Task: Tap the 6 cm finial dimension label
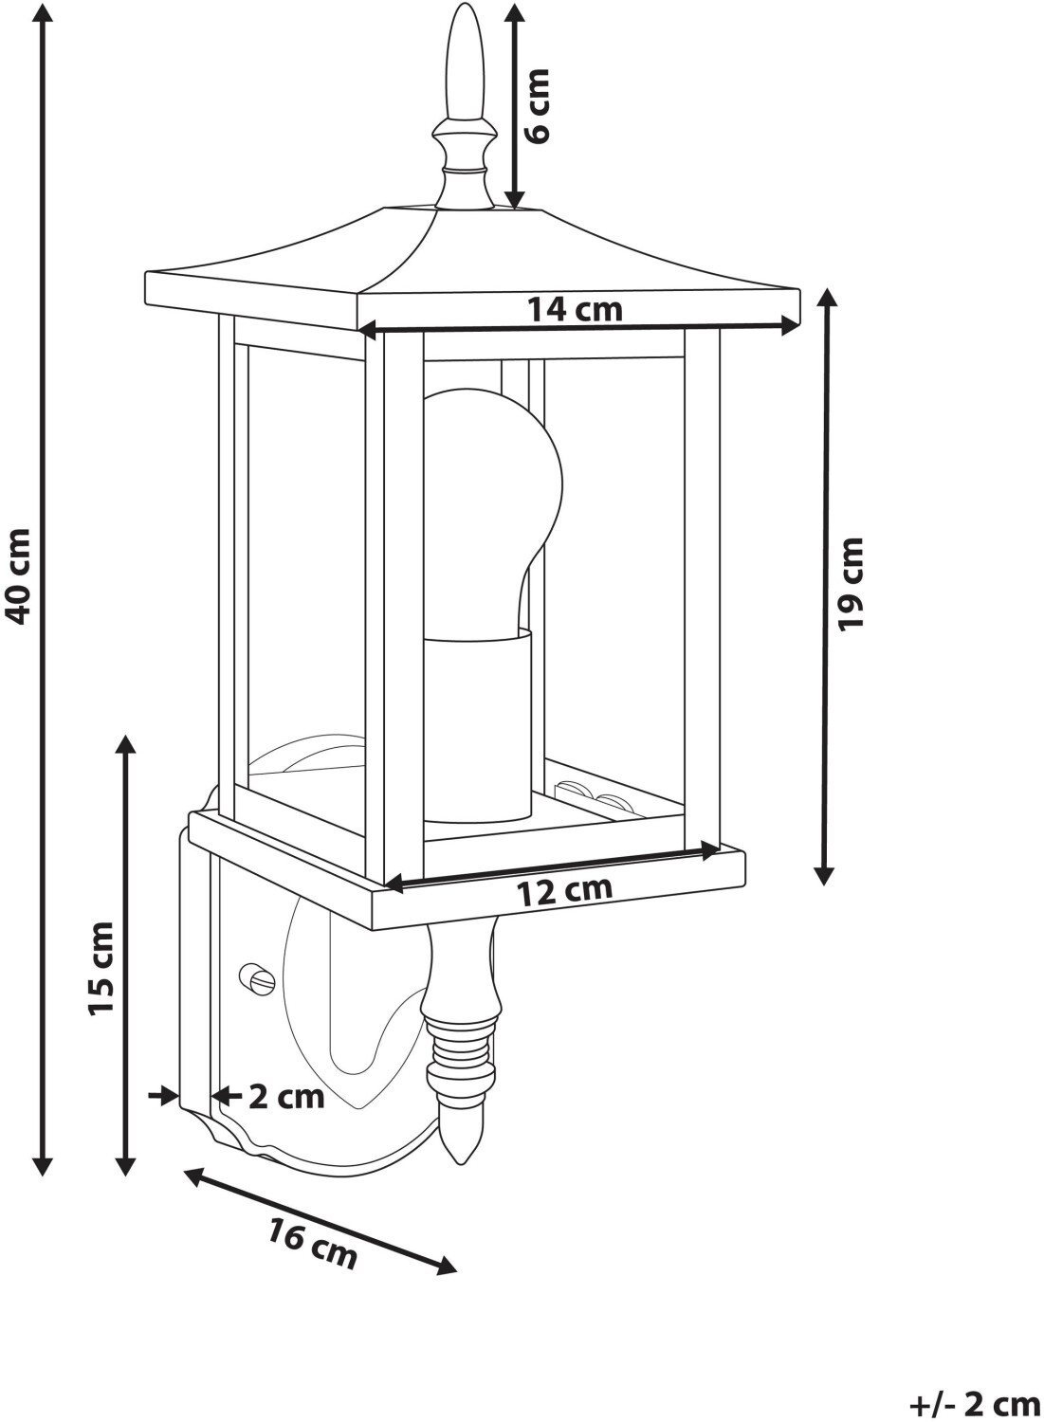tap(539, 105)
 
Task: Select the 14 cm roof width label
tap(576, 308)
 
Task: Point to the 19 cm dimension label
tap(852, 582)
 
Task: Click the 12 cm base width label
tap(564, 891)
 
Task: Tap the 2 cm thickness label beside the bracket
tap(286, 1097)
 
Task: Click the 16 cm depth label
tap(313, 1244)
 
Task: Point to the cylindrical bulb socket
tap(477, 725)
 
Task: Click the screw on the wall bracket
tap(255, 978)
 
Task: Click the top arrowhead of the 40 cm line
tap(42, 11)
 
